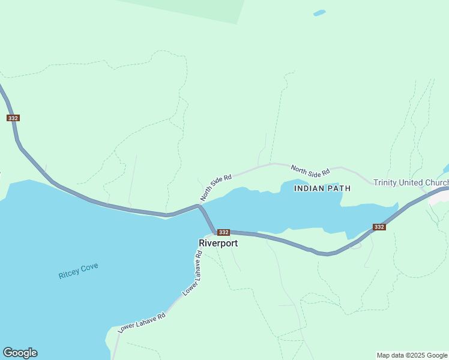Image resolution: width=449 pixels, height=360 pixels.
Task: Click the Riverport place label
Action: [x=218, y=243]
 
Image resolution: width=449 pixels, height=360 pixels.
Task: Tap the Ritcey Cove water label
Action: [x=78, y=271]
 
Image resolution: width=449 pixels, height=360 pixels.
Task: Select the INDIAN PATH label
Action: [x=322, y=188]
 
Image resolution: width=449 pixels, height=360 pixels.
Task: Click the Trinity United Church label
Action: [x=411, y=182]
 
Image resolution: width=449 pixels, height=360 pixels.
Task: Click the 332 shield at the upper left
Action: [x=13, y=118]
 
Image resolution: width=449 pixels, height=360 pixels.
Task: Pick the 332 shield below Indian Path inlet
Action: [x=379, y=227]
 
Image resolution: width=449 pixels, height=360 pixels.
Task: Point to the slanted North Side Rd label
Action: [x=216, y=188]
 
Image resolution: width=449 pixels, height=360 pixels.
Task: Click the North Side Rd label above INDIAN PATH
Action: [x=310, y=170]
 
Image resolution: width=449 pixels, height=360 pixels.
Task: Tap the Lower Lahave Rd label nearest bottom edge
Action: [x=141, y=320]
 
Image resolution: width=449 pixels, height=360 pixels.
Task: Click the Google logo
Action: [x=20, y=353]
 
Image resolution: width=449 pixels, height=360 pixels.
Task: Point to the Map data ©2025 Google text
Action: [x=412, y=355]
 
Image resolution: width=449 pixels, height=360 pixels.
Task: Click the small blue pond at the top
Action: [x=319, y=13]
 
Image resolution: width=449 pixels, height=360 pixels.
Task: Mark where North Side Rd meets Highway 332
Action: [x=200, y=205]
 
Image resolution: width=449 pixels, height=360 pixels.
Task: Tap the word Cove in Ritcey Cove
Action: [x=89, y=268]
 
